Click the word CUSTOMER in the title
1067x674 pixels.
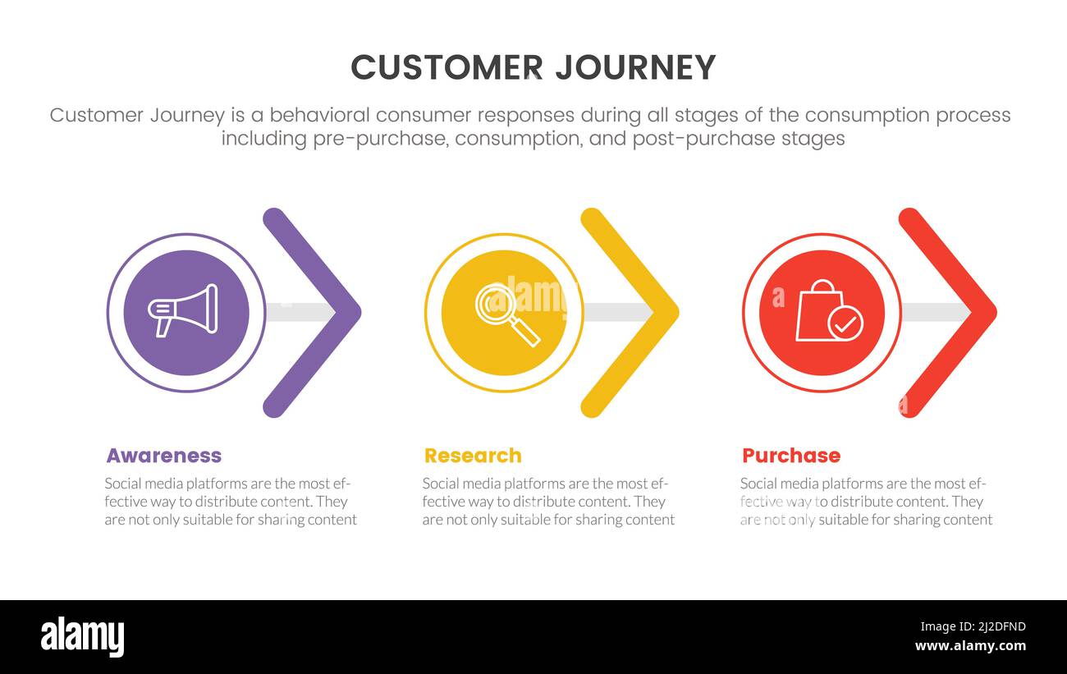446,67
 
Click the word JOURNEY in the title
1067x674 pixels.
636,67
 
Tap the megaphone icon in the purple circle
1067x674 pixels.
183,310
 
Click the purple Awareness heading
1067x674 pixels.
164,456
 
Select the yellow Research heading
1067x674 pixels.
473,456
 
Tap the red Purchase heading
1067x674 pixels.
791,456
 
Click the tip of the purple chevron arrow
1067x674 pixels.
360,313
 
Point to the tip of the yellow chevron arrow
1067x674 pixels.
678,313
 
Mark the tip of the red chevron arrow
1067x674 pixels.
996,313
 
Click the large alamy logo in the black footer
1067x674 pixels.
82,636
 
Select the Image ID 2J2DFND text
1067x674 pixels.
973,626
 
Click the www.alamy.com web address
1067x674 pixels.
970,646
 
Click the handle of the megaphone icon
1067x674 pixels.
163,327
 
